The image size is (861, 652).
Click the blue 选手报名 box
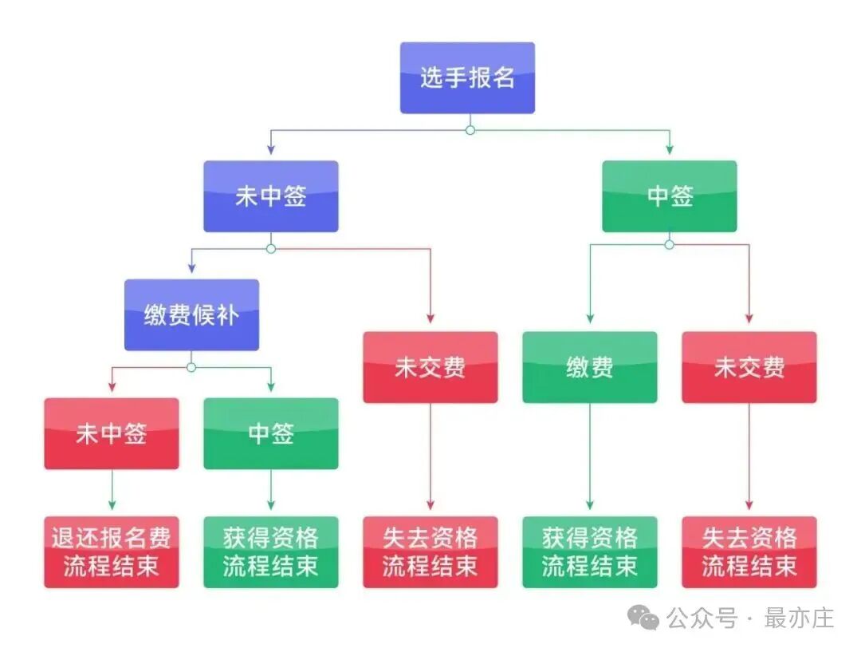click(467, 78)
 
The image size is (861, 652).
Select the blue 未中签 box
click(271, 196)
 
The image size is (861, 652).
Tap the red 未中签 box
click(112, 433)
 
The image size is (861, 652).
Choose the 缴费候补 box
click(191, 314)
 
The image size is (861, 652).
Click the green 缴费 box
click(590, 367)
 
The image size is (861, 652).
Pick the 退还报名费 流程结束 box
click(112, 552)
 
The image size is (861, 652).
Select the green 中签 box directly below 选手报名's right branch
click(670, 196)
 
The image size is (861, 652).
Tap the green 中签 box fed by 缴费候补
click(271, 433)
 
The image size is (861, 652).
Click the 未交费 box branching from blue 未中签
click(431, 367)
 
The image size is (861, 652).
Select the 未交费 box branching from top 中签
click(749, 367)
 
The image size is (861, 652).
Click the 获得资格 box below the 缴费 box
click(590, 552)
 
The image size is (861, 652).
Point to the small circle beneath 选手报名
click(470, 129)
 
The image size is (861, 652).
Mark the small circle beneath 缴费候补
click(191, 367)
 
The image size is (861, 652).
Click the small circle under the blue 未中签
click(271, 249)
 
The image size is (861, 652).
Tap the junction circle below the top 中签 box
click(670, 244)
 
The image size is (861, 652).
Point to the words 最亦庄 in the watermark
click(799, 618)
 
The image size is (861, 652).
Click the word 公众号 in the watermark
click(702, 618)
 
